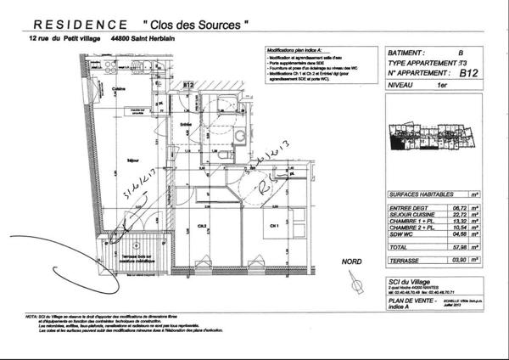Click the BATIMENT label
click(406, 52)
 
